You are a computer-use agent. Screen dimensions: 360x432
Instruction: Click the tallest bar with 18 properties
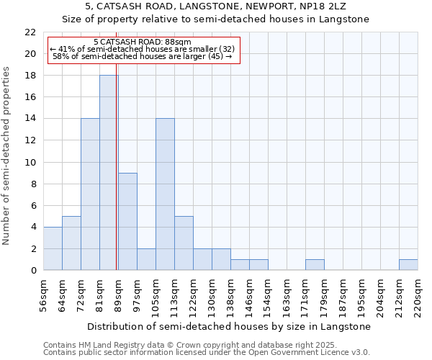(109, 173)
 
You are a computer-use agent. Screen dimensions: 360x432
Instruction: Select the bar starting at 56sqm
(53, 248)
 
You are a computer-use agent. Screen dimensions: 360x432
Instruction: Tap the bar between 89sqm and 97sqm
(127, 221)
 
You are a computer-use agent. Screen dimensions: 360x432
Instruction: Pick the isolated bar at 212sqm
(408, 264)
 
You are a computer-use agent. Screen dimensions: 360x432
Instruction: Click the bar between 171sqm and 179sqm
(315, 264)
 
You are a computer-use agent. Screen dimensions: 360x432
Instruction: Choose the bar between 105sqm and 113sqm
(165, 194)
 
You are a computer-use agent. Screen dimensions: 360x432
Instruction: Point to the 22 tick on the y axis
(30, 32)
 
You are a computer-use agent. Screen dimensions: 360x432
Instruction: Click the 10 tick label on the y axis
(30, 162)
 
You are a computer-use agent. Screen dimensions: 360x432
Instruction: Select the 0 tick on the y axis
(32, 270)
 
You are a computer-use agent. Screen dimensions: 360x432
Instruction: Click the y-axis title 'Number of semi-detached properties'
(7, 156)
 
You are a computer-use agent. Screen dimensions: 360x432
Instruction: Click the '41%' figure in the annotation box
(66, 49)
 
